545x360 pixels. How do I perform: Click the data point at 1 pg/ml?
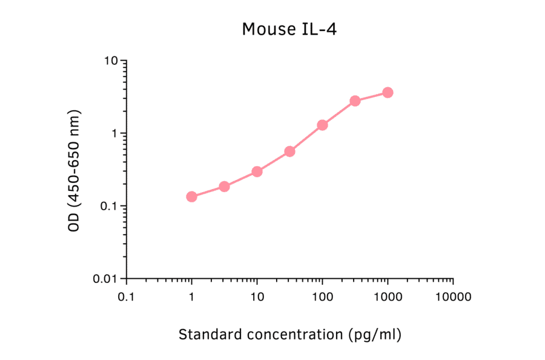[x=191, y=196]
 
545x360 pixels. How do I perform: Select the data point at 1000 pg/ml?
[x=388, y=92]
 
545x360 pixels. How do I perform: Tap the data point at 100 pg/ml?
[x=322, y=125]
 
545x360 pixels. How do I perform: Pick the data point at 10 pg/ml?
[x=257, y=172]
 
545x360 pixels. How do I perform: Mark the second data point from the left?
[x=224, y=186]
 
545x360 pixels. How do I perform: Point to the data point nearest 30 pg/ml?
[x=289, y=151]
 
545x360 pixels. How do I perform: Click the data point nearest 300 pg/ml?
[x=355, y=101]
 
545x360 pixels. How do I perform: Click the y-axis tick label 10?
[x=111, y=61]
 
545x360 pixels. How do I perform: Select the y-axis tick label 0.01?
[x=105, y=279]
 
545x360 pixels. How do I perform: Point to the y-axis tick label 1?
[x=114, y=134]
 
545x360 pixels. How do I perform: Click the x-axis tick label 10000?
[x=453, y=298]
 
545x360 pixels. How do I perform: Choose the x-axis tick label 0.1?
[x=126, y=298]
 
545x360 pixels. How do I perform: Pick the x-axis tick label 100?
[x=322, y=298]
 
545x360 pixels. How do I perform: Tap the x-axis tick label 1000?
[x=388, y=298]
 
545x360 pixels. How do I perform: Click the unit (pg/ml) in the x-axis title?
[x=375, y=334]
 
